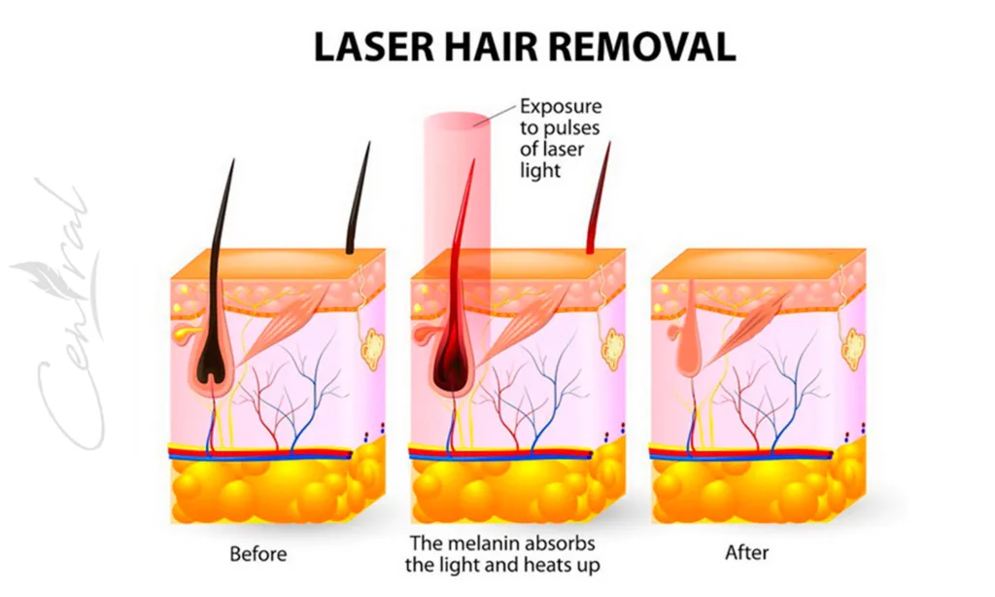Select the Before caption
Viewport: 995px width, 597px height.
[x=257, y=554]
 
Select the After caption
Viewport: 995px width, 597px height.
[x=746, y=554]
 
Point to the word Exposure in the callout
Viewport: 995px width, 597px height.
[x=561, y=106]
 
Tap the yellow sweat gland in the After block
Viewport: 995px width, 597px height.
[x=854, y=345]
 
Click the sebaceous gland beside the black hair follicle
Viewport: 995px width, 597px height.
[x=182, y=333]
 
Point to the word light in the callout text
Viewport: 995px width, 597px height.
[x=541, y=170]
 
